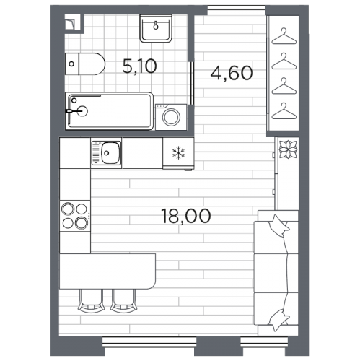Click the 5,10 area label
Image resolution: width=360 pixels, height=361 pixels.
tap(139, 66)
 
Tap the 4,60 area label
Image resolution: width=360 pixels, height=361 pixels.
tap(232, 73)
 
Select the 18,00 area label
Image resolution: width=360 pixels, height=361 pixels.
tap(186, 216)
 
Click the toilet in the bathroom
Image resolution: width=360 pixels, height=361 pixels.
tap(85, 64)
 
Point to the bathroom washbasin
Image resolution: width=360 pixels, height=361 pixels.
tap(156, 28)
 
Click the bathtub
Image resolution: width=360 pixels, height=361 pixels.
tap(110, 111)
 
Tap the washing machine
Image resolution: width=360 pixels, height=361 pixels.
tap(171, 117)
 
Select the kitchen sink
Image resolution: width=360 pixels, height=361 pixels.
tap(106, 153)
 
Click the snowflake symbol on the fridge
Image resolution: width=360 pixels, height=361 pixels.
tap(178, 153)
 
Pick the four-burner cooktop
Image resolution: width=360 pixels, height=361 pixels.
tap(75, 216)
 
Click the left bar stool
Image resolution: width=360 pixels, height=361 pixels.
tap(91, 301)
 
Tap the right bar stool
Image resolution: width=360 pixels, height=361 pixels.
tap(124, 301)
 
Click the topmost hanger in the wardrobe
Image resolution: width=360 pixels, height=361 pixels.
tap(284, 37)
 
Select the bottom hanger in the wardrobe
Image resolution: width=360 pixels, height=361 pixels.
tap(284, 111)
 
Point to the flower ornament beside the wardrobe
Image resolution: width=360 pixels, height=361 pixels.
tap(288, 149)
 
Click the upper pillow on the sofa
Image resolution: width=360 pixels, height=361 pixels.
tap(278, 226)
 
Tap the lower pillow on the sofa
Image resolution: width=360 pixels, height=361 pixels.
tap(278, 320)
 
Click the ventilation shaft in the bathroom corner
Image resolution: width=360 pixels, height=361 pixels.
tap(73, 23)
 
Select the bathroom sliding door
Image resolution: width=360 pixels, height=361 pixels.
tap(192, 83)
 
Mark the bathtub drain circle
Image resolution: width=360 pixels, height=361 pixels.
tap(82, 111)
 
